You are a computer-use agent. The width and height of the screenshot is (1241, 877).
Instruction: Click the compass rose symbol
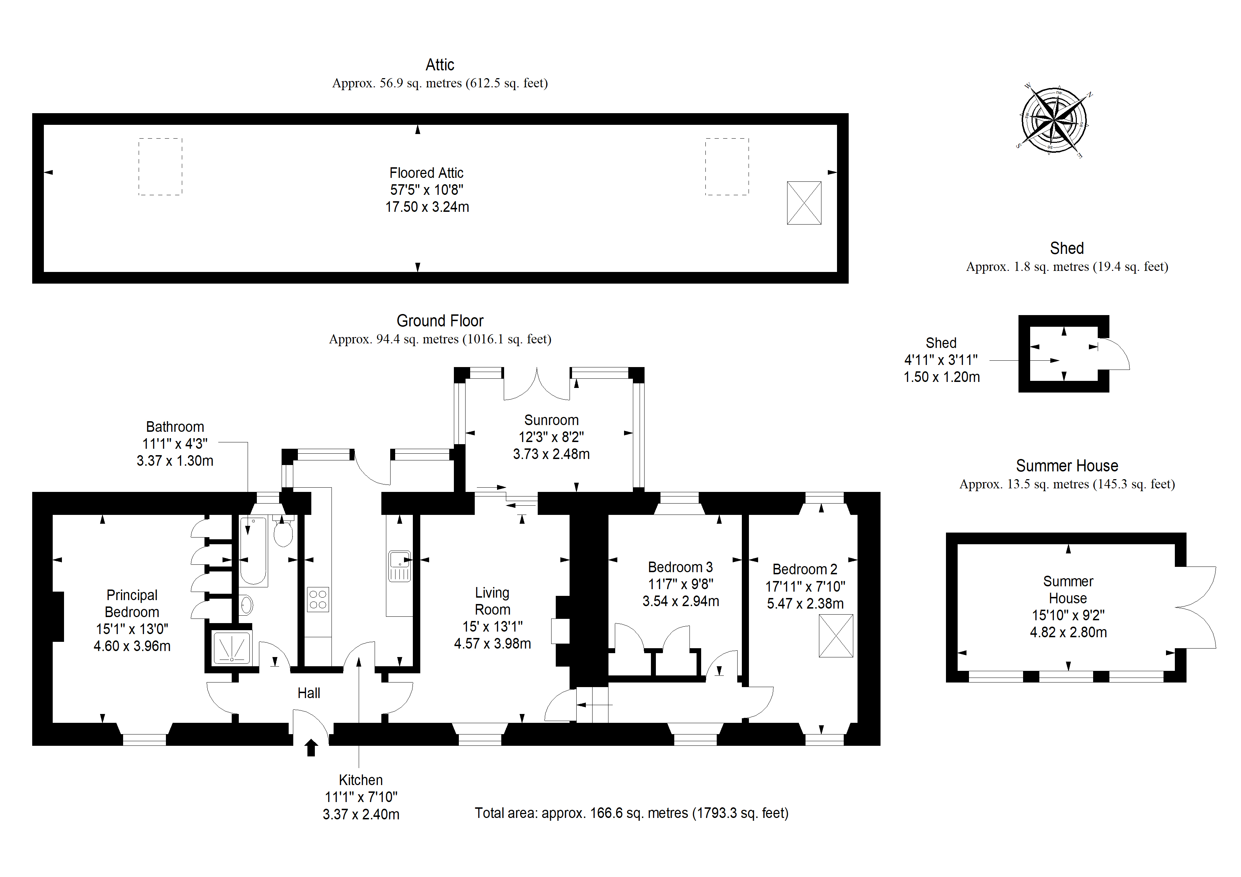pyautogui.click(x=1054, y=120)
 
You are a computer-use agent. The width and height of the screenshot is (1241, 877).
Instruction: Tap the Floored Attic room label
pyautogui.click(x=426, y=173)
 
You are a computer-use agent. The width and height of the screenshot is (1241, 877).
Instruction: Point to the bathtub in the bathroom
pyautogui.click(x=253, y=551)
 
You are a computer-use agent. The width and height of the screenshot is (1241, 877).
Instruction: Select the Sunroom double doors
pyautogui.click(x=536, y=385)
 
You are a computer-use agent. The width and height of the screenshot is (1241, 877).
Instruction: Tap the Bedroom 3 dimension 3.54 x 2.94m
pyautogui.click(x=681, y=601)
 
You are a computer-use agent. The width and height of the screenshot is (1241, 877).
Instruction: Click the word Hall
pyautogui.click(x=308, y=693)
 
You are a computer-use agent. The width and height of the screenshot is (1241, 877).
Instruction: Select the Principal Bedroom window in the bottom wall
pyautogui.click(x=144, y=739)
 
